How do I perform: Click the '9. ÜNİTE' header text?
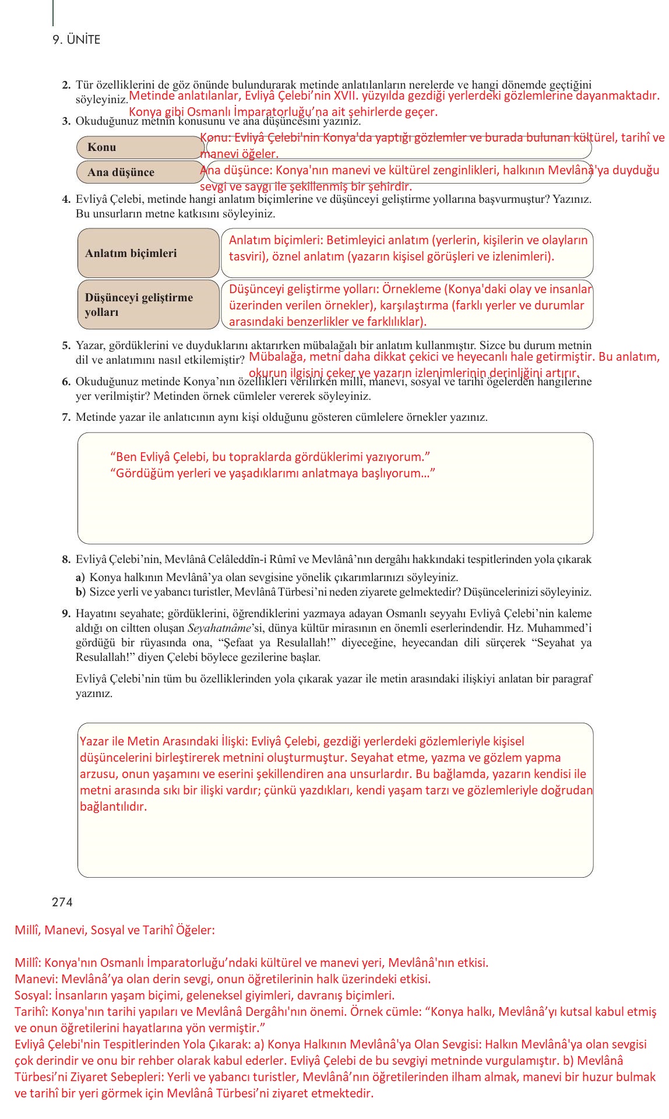point(76,40)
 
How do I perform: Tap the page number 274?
point(62,902)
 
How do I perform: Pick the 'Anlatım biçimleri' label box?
point(148,254)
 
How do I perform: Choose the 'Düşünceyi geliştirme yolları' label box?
point(148,305)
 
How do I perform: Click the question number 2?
point(66,85)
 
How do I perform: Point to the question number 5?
point(66,346)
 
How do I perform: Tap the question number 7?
point(66,417)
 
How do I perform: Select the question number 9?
point(66,614)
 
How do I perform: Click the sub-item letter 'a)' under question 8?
point(80,578)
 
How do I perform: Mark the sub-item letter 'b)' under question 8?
point(80,592)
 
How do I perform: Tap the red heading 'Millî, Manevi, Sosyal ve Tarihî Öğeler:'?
point(115,930)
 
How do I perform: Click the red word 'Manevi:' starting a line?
point(36,979)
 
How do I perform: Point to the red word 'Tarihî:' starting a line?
point(32,1012)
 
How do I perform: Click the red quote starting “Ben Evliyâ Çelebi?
point(270,457)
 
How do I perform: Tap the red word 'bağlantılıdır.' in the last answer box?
point(113,807)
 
